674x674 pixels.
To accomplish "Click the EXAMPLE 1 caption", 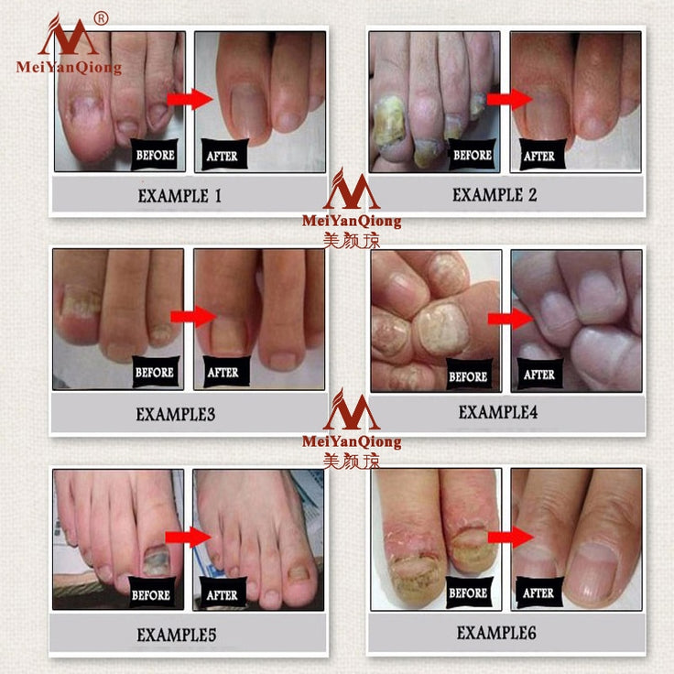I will (x=179, y=195).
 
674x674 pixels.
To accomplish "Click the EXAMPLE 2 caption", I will (x=495, y=194).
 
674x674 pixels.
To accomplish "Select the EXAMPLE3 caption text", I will (x=176, y=414).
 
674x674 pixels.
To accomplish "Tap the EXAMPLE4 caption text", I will (x=498, y=412).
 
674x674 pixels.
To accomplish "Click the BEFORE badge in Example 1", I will (x=155, y=156).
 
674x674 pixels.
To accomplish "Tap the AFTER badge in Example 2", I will (x=539, y=156).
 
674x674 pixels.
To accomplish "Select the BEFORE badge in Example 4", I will (x=468, y=375).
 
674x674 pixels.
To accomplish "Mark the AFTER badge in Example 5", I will (x=223, y=594).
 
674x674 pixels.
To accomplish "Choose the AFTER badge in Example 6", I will (x=538, y=593).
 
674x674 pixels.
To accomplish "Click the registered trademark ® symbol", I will (x=101, y=18).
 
